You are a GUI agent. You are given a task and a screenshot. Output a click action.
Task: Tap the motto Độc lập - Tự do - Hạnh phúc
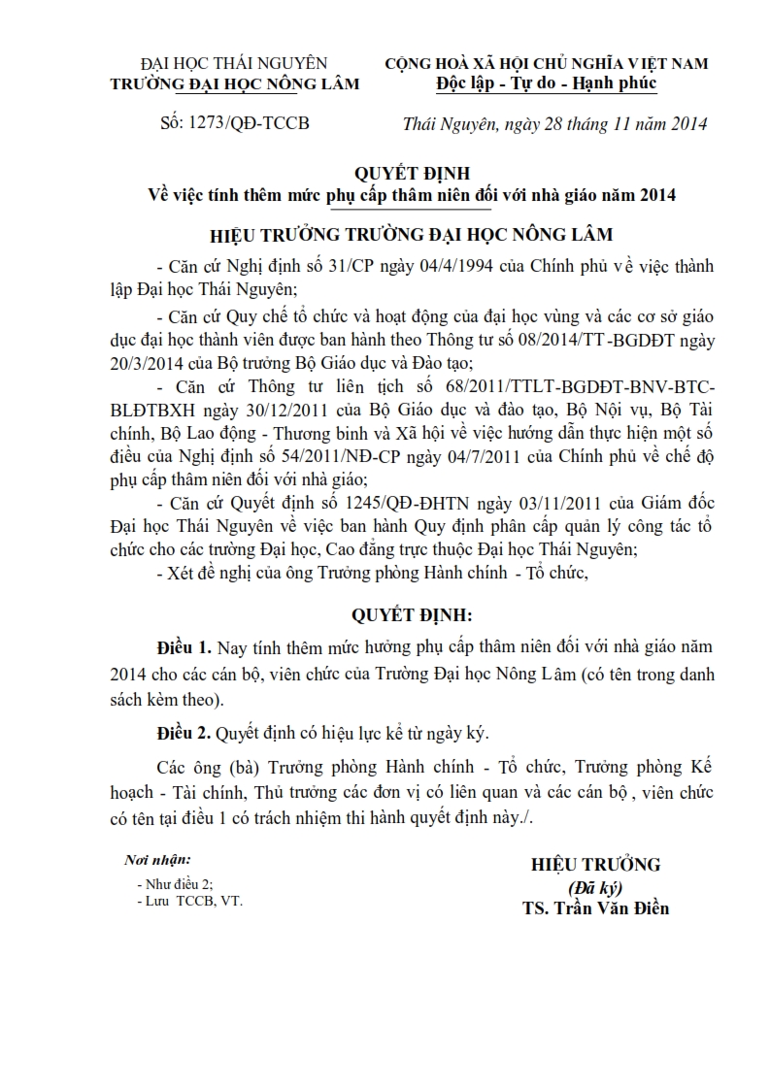coord(546,83)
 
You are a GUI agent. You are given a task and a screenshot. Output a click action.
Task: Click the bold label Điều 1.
coord(184,647)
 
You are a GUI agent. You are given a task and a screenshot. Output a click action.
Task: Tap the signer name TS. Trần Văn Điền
coord(594,909)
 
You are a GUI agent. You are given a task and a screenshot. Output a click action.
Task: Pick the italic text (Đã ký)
coord(594,887)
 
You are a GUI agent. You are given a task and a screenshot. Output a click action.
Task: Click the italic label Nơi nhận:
coord(157,860)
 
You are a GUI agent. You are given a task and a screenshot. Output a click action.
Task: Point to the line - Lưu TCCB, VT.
coord(190,901)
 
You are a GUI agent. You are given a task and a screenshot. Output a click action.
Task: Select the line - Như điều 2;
coord(175,884)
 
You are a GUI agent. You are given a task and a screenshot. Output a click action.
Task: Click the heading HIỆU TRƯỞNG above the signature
coord(594,865)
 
